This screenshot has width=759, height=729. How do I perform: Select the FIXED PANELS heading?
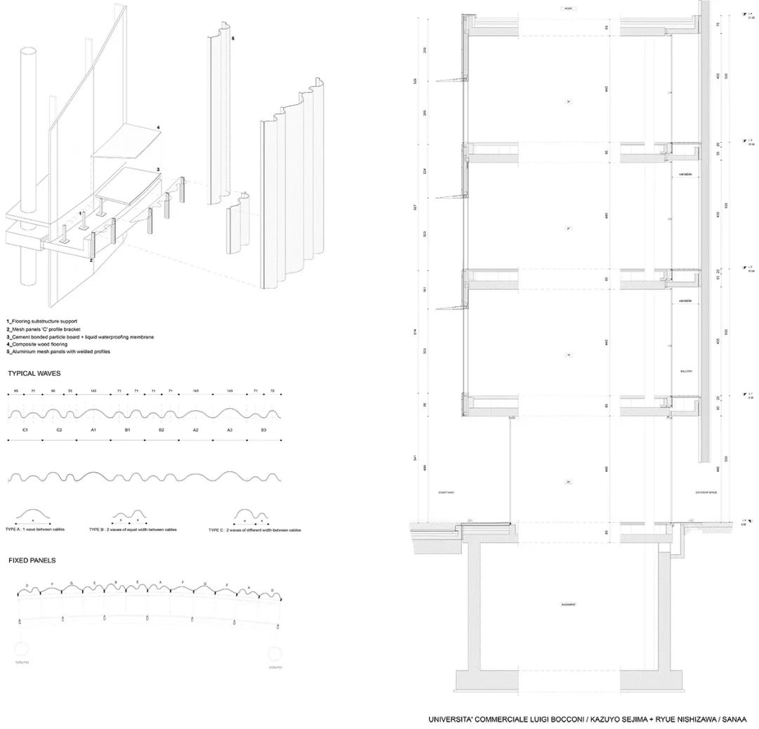(x=32, y=560)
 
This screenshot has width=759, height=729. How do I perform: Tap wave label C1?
(x=25, y=428)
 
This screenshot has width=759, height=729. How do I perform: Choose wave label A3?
(x=230, y=428)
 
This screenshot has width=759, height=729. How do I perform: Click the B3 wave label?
(x=264, y=428)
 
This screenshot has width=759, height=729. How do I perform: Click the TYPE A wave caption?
(x=35, y=529)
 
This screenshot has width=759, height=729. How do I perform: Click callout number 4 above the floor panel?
(x=158, y=127)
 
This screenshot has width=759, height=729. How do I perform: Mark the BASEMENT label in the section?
(x=569, y=604)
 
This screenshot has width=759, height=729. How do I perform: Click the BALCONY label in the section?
(x=687, y=371)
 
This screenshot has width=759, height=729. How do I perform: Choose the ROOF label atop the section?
(x=569, y=8)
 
